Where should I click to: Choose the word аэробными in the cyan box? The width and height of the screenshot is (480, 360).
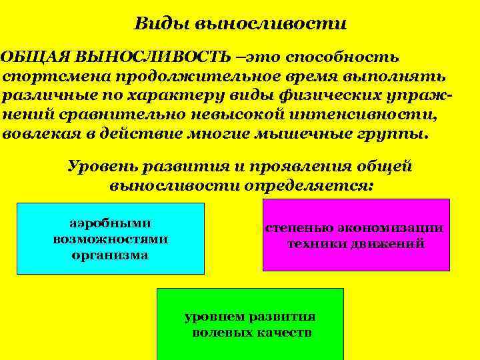110,223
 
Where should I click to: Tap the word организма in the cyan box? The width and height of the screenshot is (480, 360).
110,255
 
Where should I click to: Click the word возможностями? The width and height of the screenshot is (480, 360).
110,239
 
